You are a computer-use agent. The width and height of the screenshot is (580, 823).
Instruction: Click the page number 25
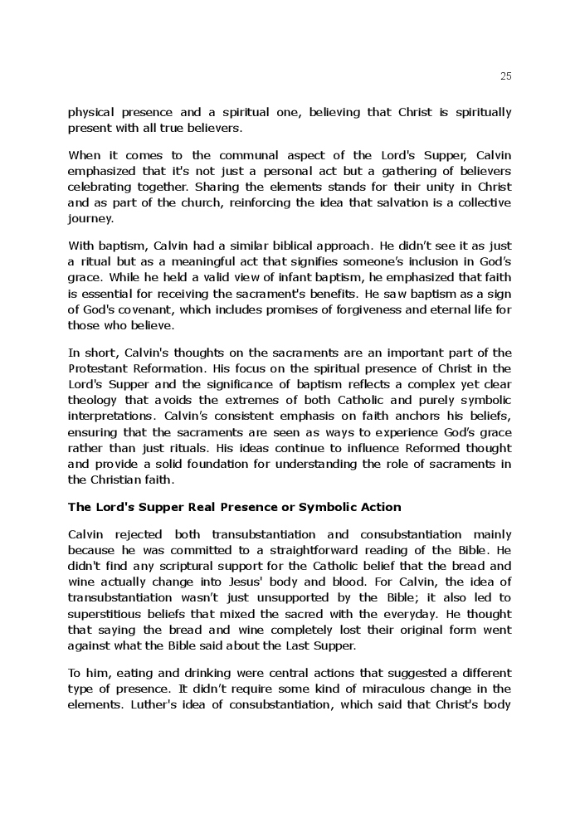[506, 76]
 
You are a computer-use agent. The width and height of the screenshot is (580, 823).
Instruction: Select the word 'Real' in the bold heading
[194, 507]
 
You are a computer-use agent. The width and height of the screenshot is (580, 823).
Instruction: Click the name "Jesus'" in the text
[241, 582]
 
